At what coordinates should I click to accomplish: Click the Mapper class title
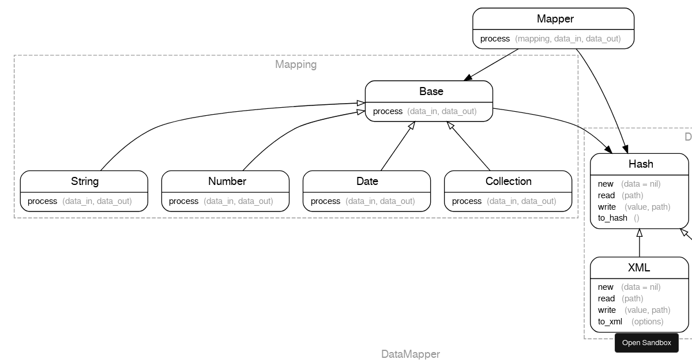(555, 19)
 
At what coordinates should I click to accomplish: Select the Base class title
(431, 92)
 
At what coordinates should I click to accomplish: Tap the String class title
(85, 181)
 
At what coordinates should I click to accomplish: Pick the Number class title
(227, 181)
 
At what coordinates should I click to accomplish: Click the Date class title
(367, 181)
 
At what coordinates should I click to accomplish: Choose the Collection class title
(508, 181)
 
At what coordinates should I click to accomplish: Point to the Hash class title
(640, 164)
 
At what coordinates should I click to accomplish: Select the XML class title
(638, 268)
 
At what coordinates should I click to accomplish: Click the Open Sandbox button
(646, 343)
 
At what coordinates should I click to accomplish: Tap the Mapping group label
(296, 65)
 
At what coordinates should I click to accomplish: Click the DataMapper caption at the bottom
(410, 354)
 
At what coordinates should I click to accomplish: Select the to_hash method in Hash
(612, 218)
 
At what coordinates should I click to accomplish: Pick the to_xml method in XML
(610, 322)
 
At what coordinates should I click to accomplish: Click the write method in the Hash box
(607, 207)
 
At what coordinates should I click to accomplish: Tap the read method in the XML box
(606, 298)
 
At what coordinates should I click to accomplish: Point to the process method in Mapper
(495, 39)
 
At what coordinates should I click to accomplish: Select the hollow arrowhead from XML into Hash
(639, 233)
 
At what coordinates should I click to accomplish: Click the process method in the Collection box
(467, 201)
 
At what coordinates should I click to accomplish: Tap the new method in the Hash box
(605, 184)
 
